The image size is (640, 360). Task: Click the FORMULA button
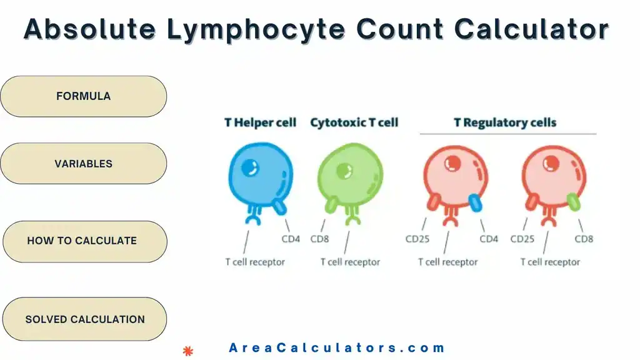coord(83,96)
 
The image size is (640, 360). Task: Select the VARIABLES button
coord(83,164)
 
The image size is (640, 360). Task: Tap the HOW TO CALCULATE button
coord(83,241)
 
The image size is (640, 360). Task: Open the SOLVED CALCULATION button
coord(84,319)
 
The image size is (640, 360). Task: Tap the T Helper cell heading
coord(260,122)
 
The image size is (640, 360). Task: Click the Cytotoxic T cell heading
coord(354,122)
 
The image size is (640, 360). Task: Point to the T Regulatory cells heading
coord(505,122)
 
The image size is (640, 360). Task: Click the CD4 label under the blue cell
coord(291,239)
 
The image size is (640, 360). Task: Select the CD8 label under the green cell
coord(320,239)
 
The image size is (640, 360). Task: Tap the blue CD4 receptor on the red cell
coord(474,201)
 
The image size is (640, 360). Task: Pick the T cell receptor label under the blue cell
coord(254,262)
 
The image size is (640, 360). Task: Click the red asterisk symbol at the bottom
coord(187,351)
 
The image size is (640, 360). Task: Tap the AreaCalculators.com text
coord(337,348)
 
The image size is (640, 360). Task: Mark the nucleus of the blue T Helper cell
coord(251,167)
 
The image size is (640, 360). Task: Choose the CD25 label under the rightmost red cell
coord(522,239)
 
